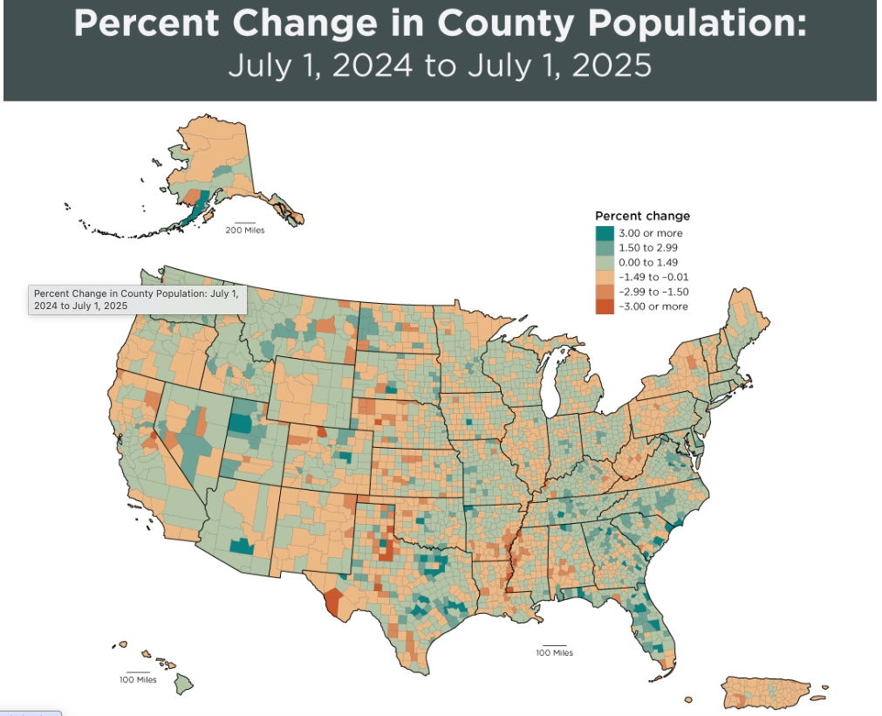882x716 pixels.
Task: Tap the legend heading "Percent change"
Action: click(x=642, y=216)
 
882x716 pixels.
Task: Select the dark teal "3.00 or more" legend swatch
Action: click(x=604, y=233)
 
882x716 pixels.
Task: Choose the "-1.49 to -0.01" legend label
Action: click(x=653, y=277)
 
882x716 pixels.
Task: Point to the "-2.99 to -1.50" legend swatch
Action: click(x=604, y=292)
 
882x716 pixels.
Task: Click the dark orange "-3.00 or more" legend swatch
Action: click(x=604, y=306)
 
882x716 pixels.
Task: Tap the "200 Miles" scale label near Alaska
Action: click(x=245, y=231)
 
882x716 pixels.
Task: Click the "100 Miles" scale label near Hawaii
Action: click(x=138, y=679)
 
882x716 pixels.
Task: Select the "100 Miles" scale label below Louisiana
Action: click(x=554, y=652)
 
